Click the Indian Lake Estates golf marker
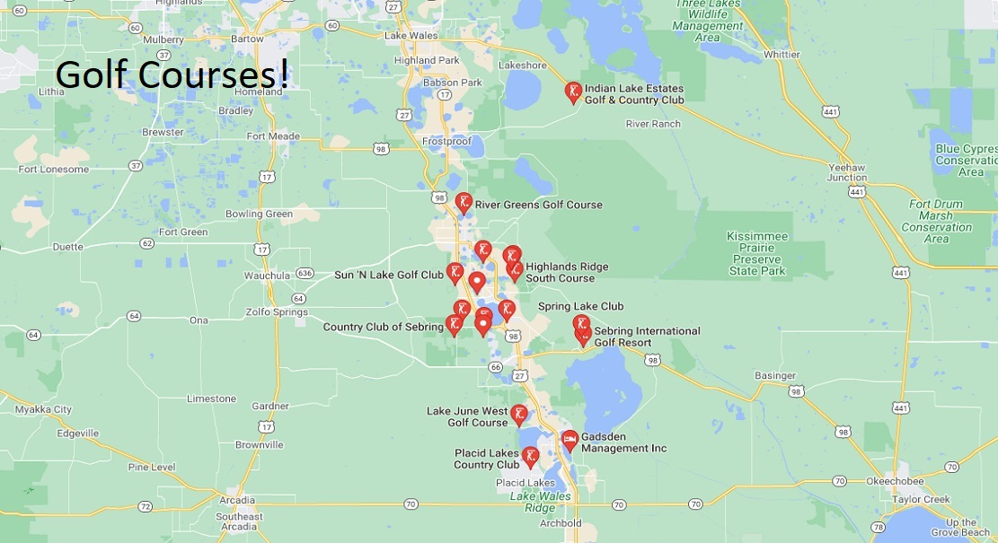[x=572, y=92]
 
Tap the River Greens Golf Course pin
[x=464, y=203]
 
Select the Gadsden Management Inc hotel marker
[x=570, y=440]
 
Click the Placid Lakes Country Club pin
[x=530, y=457]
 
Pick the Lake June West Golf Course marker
[x=519, y=415]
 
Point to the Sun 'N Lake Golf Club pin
[x=455, y=273]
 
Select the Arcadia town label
[x=237, y=500]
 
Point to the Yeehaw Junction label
[x=846, y=172]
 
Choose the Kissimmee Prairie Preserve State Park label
[x=757, y=253]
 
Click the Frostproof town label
[x=446, y=141]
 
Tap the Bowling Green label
[x=259, y=214]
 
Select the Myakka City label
[x=43, y=409]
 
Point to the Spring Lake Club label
[x=580, y=306]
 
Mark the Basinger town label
[x=774, y=375]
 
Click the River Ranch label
[x=653, y=124]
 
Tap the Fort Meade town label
[x=273, y=136]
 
